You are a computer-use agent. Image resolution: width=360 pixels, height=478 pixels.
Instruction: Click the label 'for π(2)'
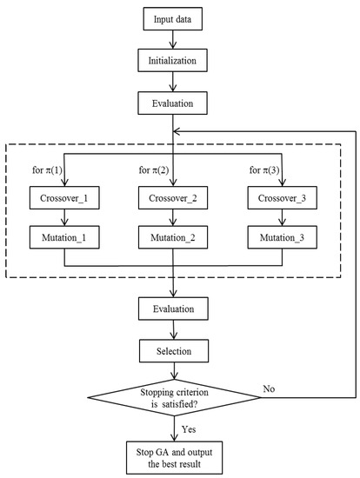155,167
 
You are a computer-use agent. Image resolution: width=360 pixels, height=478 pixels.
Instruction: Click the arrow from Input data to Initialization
177,40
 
